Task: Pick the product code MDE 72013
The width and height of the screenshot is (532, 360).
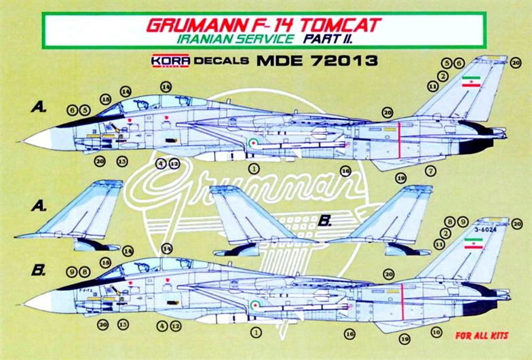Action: coord(317,61)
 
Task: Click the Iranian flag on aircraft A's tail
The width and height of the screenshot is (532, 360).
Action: coord(470,85)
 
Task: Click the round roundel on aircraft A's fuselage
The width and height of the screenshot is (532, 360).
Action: coord(252,142)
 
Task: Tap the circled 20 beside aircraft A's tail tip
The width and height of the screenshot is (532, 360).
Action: coord(516,62)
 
